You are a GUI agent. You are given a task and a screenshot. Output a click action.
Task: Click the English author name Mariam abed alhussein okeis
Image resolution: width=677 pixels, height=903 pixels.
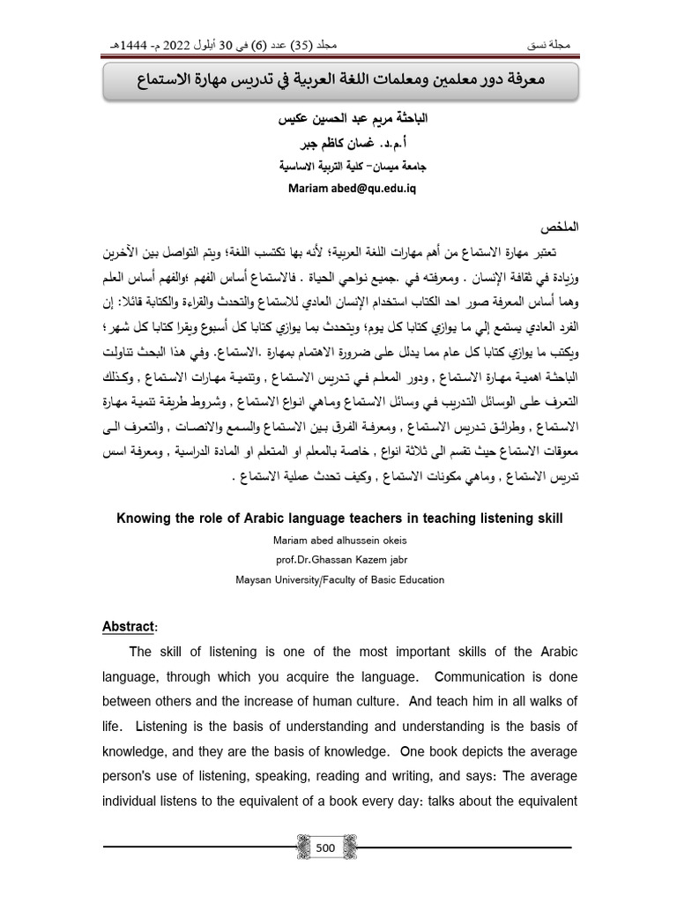click(x=338, y=541)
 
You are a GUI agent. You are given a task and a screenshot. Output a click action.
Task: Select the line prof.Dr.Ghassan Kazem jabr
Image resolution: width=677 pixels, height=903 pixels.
click(x=338, y=560)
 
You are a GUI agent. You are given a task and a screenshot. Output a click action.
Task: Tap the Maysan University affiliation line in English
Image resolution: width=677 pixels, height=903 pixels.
click(x=338, y=580)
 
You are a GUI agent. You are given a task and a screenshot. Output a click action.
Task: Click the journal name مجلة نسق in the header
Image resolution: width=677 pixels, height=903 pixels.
click(x=558, y=44)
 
